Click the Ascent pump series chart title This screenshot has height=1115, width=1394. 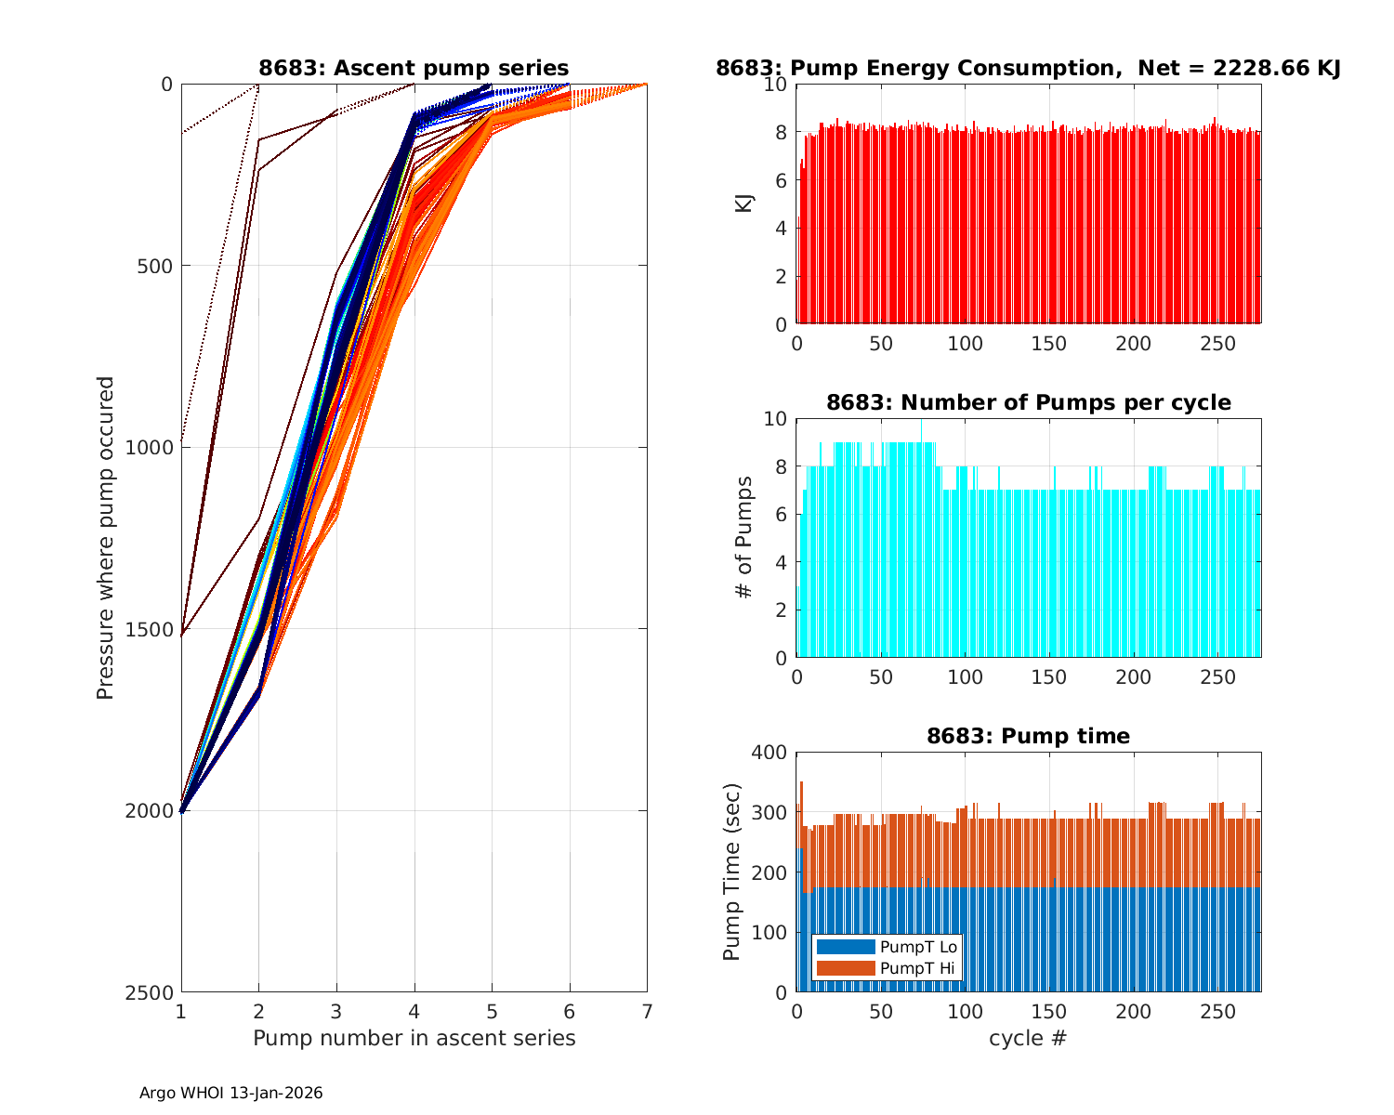414,68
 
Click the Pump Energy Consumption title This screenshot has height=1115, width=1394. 1028,68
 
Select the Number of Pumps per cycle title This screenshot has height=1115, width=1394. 1028,402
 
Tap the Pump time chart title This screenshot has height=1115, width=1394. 1028,736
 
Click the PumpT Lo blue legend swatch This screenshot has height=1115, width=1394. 846,947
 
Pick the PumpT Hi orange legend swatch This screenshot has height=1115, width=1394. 846,968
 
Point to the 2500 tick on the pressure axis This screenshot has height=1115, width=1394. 153,992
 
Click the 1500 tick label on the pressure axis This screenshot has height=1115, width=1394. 153,629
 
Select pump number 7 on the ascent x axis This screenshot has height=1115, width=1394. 647,1010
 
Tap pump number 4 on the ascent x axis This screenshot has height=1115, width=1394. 414,1010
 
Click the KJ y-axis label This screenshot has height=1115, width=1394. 744,203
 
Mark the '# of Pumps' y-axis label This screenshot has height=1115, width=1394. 744,538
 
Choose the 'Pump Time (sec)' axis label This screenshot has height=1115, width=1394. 732,872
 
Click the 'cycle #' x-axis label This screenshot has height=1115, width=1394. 1028,1038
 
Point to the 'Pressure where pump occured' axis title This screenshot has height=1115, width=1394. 106,538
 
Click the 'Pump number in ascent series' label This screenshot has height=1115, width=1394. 414,1038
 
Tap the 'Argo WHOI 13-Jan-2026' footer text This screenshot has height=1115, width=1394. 231,1094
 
